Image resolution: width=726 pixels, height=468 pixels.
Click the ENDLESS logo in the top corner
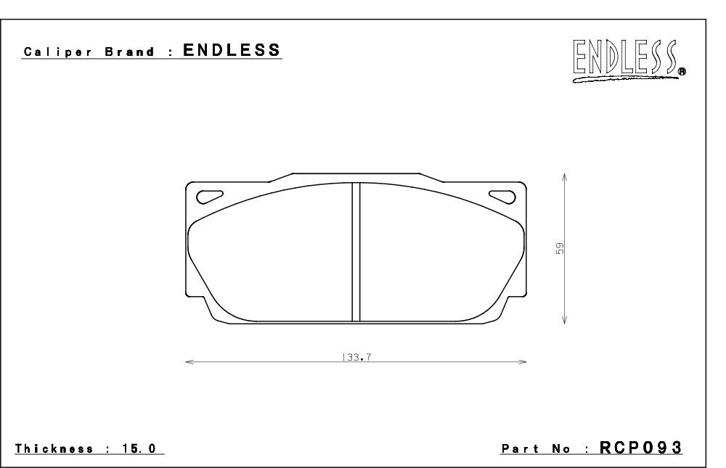click(629, 60)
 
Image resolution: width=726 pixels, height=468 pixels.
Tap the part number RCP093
click(641, 448)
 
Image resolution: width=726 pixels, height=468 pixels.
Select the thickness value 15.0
click(139, 448)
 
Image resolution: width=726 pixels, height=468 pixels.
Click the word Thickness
click(54, 448)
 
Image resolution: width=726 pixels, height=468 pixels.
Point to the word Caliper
click(58, 52)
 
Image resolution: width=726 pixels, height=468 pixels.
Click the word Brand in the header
click(130, 52)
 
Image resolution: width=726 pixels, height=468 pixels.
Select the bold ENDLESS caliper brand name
click(232, 50)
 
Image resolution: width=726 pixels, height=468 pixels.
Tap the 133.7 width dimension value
click(356, 358)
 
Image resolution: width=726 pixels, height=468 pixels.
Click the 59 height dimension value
click(560, 249)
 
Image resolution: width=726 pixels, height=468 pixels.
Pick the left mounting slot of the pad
click(210, 197)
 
